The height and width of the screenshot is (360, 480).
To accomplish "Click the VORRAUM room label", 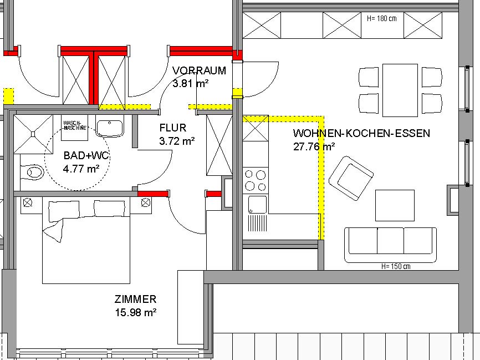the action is [x=200, y=71].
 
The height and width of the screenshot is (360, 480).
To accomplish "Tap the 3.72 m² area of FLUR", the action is [x=177, y=141].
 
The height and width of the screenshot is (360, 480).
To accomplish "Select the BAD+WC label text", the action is [x=86, y=156].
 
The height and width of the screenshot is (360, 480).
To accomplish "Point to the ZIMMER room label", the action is [x=135, y=299].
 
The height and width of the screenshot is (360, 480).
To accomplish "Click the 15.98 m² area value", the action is [x=136, y=312].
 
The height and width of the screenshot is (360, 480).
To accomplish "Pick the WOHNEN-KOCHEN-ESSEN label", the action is [x=361, y=133].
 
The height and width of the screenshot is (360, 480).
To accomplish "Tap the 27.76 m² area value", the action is [x=314, y=146].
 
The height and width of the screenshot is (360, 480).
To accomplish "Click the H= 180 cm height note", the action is [x=382, y=18].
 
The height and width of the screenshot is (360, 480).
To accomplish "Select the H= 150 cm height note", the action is [x=396, y=266].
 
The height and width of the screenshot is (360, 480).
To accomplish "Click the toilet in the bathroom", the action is [x=32, y=172].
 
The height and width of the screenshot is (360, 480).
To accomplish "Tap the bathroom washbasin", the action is [x=110, y=128].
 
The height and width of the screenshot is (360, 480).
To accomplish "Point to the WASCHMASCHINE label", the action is [x=75, y=125].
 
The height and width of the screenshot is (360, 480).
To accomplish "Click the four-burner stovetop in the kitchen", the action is [x=256, y=180].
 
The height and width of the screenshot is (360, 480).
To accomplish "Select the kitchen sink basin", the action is [x=257, y=204].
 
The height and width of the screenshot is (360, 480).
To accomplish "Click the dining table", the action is [x=400, y=90].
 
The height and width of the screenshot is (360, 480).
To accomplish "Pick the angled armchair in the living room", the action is [x=351, y=178].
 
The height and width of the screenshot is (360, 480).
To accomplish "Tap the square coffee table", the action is [x=395, y=205].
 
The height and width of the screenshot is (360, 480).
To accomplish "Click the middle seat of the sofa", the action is [x=391, y=241].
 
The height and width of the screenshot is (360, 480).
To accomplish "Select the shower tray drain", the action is [x=33, y=134].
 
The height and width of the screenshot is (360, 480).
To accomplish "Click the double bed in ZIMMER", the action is [x=86, y=240].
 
